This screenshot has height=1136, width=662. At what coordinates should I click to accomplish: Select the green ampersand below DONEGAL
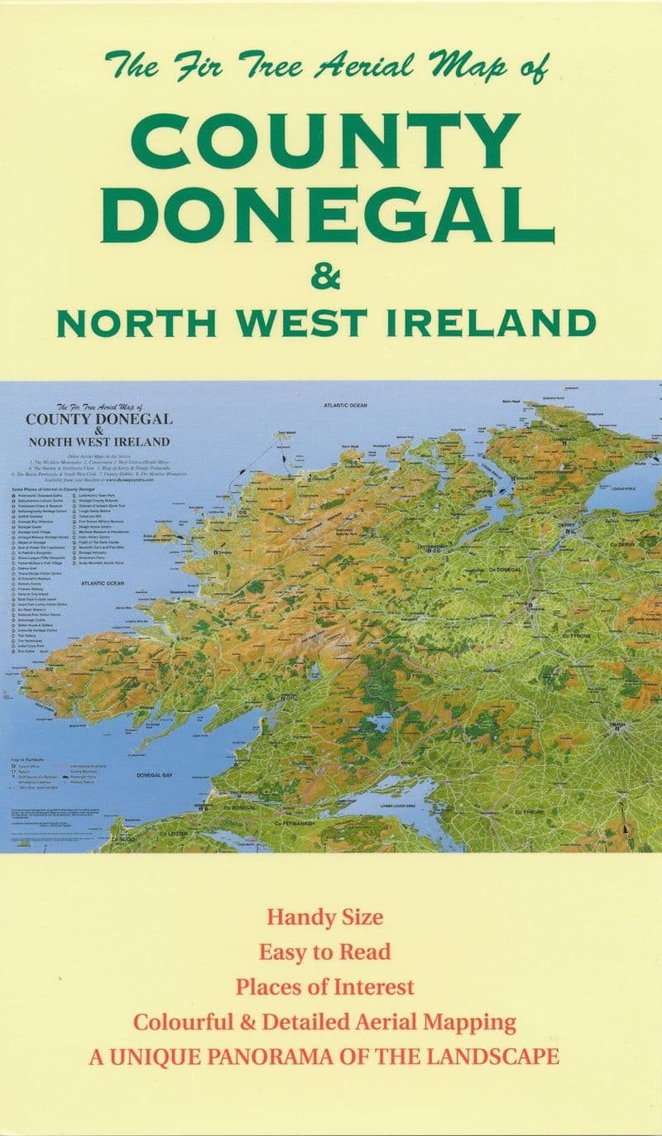coord(326,277)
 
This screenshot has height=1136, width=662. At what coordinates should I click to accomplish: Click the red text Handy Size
coord(325,917)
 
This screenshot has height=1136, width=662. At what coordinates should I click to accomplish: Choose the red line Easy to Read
coord(325,952)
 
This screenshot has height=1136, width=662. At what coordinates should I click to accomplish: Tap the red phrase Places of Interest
coord(325,987)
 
